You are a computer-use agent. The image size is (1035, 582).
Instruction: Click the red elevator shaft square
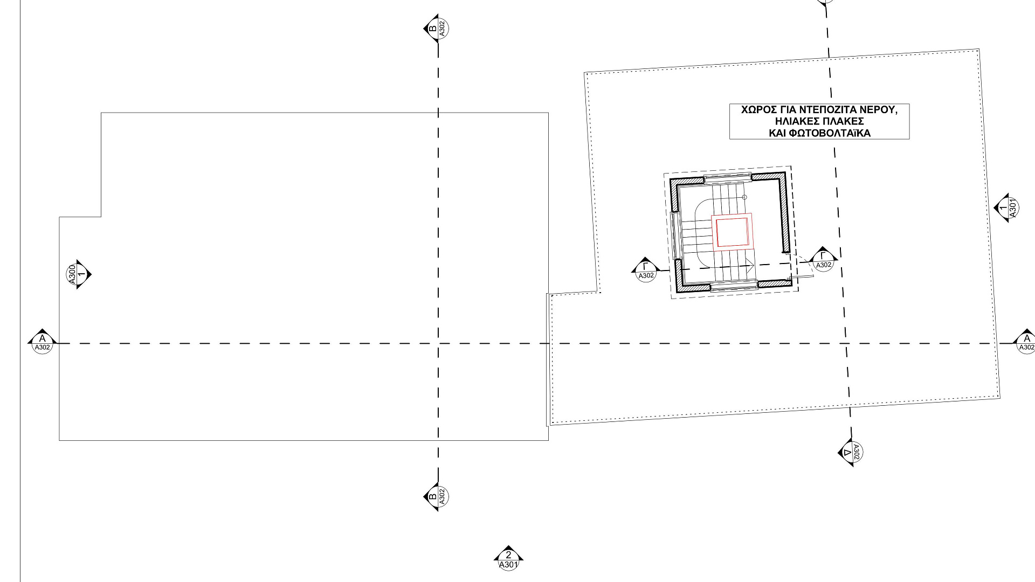732,232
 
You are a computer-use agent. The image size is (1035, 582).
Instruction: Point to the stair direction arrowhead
750,265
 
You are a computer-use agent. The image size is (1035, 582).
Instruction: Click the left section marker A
42,341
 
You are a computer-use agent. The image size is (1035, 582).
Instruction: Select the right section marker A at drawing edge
1026,342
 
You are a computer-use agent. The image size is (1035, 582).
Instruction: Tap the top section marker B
437,27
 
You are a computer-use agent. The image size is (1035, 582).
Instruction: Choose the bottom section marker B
437,496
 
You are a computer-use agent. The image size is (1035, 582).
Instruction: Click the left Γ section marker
646,269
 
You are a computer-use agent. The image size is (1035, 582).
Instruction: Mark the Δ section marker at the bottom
851,452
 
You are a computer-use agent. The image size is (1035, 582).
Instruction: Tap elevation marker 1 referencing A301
1006,207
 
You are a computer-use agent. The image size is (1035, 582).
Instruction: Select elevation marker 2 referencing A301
508,558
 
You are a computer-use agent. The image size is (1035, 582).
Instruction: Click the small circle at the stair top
744,197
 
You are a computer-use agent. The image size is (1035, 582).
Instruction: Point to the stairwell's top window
728,176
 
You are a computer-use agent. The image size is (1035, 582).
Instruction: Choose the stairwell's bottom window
734,287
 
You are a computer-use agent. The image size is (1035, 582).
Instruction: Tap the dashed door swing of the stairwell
804,264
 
